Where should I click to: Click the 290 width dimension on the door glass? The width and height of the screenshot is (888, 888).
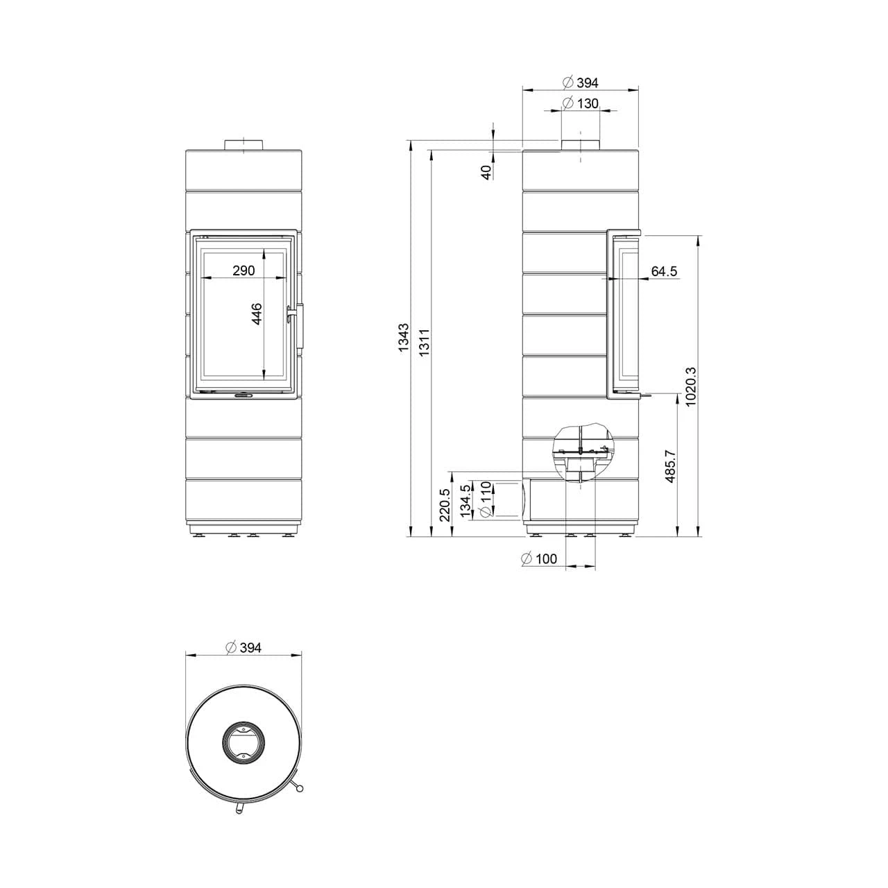click(x=244, y=271)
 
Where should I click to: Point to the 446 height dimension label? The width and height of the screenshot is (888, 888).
click(x=257, y=314)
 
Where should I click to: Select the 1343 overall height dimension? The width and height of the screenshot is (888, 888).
click(x=404, y=338)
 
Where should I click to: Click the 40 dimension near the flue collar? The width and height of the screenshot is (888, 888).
click(x=487, y=171)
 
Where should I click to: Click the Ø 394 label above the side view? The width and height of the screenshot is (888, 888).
click(x=580, y=83)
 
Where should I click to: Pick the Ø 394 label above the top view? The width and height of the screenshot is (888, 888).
click(x=244, y=647)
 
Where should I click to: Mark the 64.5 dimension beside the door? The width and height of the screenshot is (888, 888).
click(x=664, y=271)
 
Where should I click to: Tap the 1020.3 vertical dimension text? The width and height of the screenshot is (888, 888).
click(x=690, y=387)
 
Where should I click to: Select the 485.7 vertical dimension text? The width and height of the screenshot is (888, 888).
click(x=669, y=466)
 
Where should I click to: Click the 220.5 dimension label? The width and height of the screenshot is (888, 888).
click(x=445, y=504)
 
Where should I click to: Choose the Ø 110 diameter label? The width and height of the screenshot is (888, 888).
click(x=485, y=499)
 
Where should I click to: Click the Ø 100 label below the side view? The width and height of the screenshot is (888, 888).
click(x=538, y=559)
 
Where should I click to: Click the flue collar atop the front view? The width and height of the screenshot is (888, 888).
click(x=244, y=144)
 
